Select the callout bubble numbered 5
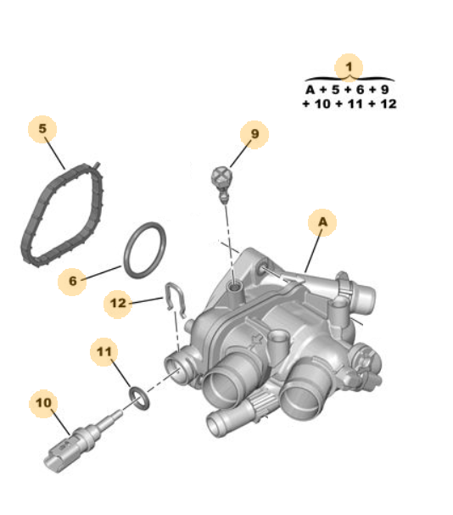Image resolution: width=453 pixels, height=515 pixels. [42, 129]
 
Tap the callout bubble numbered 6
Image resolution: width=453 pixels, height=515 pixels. [73, 279]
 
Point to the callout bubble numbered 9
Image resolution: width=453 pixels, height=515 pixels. [253, 133]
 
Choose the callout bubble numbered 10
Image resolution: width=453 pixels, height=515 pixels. [43, 404]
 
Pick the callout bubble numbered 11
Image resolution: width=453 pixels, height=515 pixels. [104, 350]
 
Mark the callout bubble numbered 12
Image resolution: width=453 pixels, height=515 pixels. [118, 302]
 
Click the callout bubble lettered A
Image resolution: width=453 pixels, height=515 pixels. [322, 222]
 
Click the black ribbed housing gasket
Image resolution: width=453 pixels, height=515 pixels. [59, 213]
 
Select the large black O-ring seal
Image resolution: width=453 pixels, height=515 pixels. [145, 250]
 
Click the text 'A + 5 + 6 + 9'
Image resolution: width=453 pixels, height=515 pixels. [349, 90]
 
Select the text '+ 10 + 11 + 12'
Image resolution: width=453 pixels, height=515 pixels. [349, 104]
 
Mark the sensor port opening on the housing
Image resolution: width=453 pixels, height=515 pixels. [178, 363]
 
